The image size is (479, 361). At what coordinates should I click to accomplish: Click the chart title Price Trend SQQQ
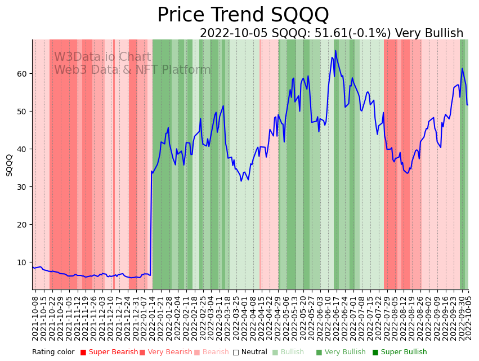click(x=243, y=15)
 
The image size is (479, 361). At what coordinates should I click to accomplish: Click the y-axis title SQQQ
click(x=10, y=165)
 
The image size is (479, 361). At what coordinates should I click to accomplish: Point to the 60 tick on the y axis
click(x=22, y=74)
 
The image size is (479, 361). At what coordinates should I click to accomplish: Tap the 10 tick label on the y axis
click(x=22, y=262)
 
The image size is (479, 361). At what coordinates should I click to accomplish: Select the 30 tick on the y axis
click(x=22, y=187)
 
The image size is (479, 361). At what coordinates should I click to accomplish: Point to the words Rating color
click(x=53, y=353)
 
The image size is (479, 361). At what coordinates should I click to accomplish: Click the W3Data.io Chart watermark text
click(x=102, y=57)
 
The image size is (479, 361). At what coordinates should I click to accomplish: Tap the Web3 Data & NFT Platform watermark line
click(x=132, y=70)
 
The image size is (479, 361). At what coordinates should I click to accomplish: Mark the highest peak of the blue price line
click(x=335, y=51)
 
